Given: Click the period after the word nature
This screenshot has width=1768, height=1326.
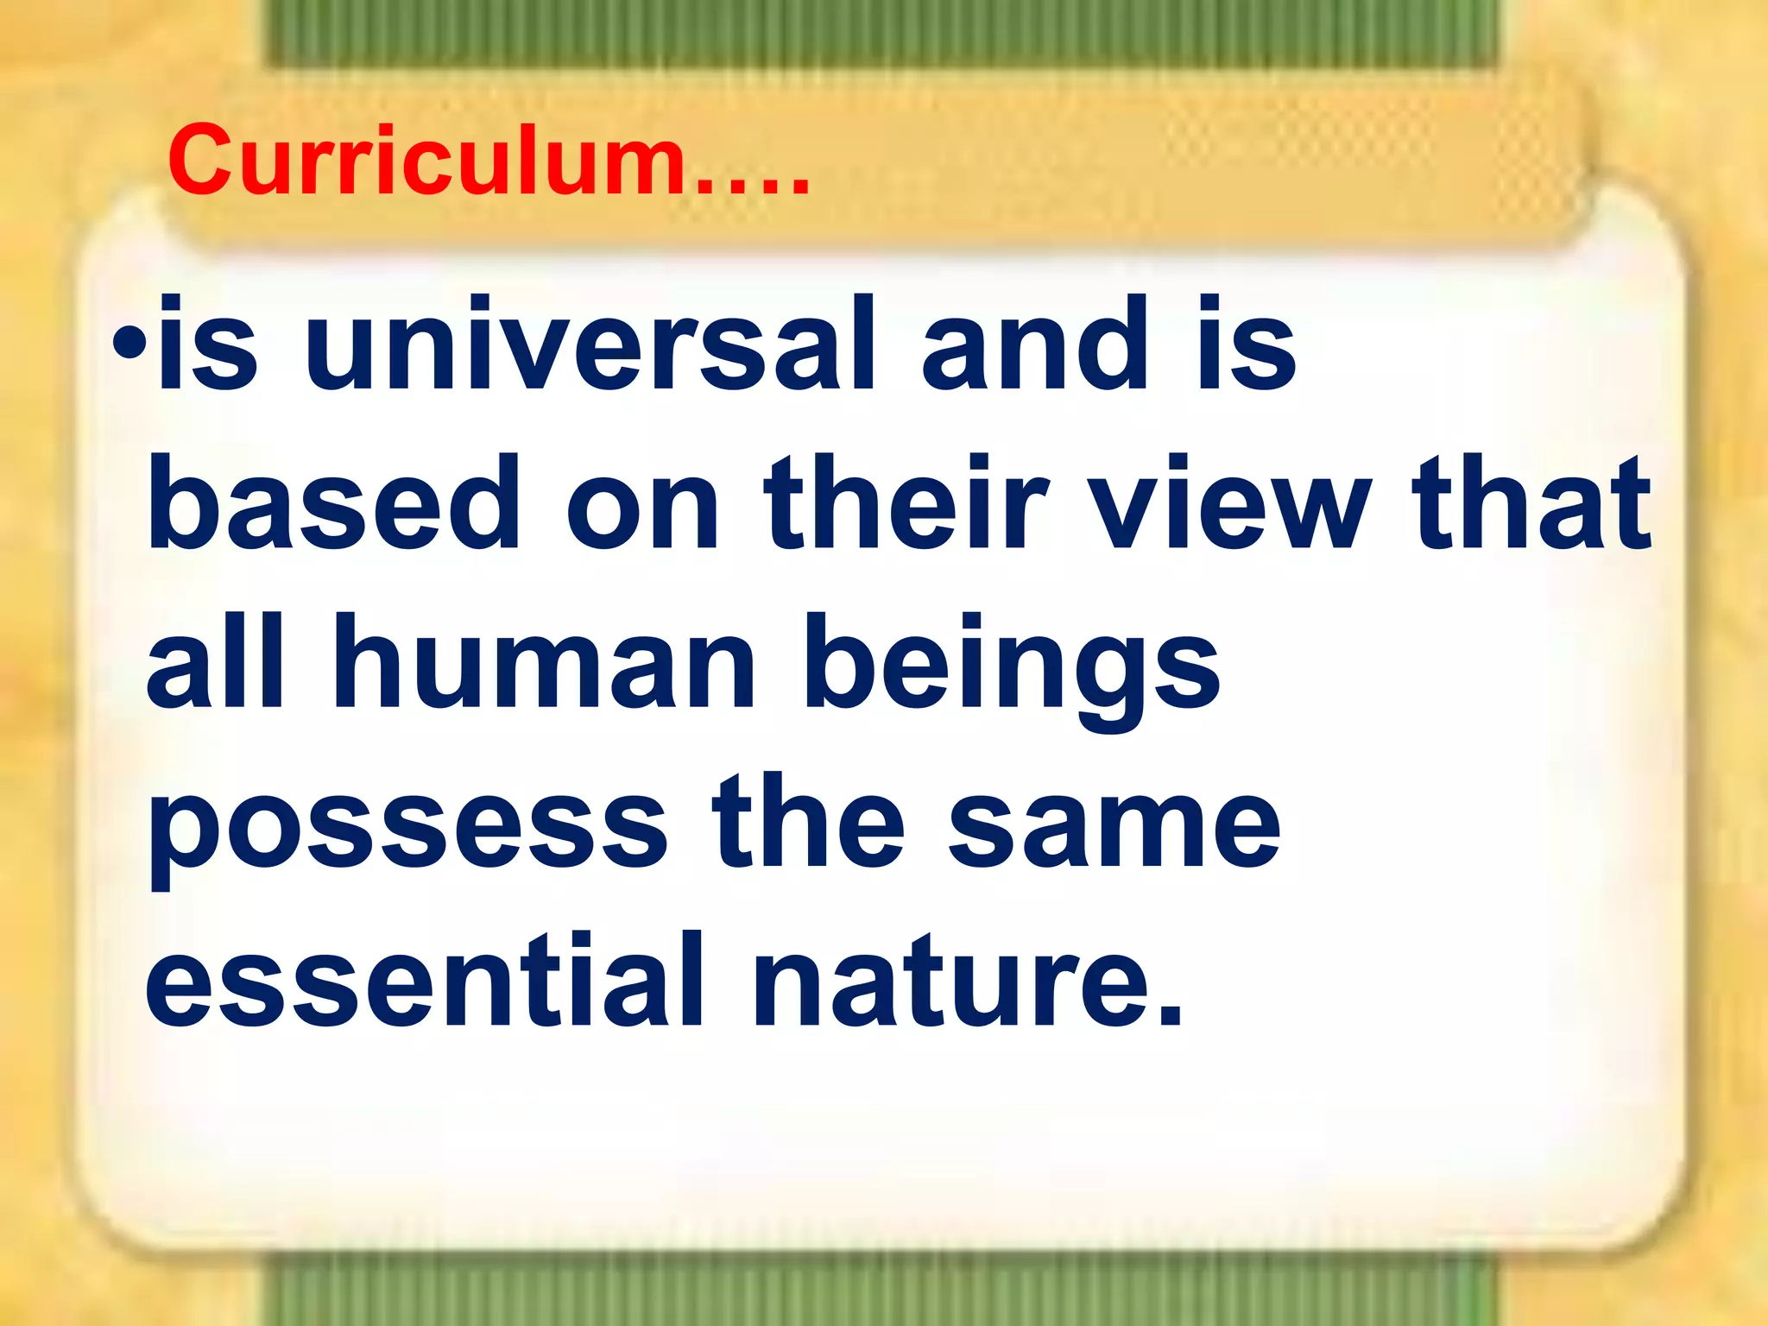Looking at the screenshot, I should [x=1168, y=1015].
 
